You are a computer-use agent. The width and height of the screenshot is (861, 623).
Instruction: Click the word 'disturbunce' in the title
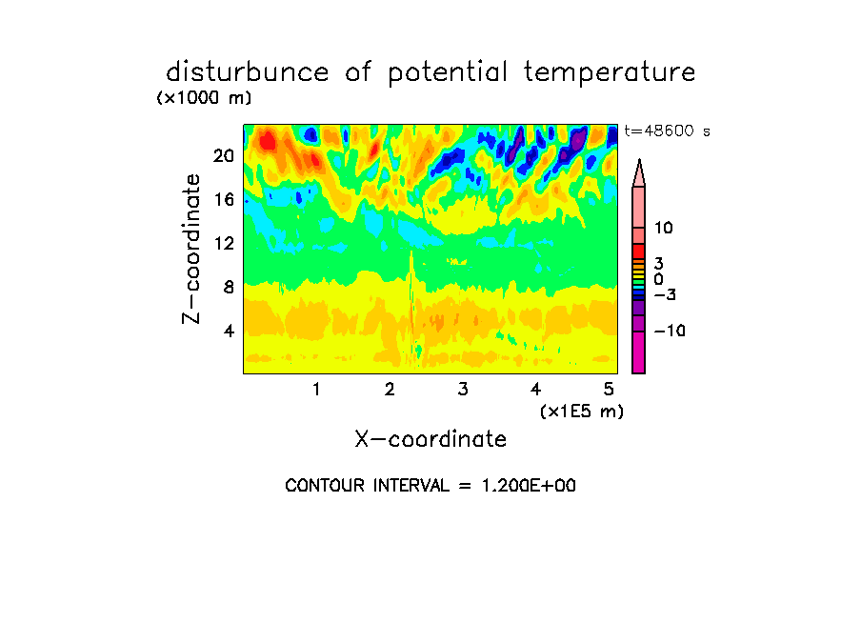[248, 72]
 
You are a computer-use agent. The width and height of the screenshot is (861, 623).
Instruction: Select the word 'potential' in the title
[448, 73]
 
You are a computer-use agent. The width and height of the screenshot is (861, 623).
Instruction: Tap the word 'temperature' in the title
[610, 73]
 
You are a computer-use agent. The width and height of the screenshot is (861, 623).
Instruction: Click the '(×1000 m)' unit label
[204, 98]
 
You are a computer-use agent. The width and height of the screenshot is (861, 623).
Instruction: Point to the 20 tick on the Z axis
[224, 156]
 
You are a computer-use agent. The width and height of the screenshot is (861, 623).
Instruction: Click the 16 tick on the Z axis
[225, 199]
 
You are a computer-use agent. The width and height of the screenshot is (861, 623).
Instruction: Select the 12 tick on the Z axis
[225, 243]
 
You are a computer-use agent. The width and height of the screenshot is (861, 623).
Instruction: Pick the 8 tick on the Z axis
[229, 287]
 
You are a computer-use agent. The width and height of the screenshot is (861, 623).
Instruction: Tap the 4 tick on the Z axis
[229, 331]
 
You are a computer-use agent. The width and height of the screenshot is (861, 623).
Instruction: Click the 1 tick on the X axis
[316, 389]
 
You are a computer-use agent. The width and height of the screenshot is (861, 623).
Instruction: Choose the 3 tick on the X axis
[463, 389]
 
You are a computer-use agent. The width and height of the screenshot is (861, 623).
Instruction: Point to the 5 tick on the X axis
[609, 389]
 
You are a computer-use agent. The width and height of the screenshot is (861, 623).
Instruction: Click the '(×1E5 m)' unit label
[582, 412]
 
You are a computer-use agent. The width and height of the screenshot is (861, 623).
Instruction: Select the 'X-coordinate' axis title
[430, 439]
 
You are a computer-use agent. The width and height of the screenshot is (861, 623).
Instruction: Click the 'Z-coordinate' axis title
[191, 249]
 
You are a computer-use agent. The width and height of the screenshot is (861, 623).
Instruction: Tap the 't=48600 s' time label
[667, 131]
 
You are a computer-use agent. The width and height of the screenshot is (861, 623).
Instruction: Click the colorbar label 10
[663, 228]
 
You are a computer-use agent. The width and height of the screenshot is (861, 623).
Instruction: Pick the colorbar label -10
[670, 331]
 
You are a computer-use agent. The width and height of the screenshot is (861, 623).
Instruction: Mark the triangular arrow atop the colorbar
[639, 173]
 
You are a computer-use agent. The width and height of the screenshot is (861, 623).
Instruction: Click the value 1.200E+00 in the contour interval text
[529, 486]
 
